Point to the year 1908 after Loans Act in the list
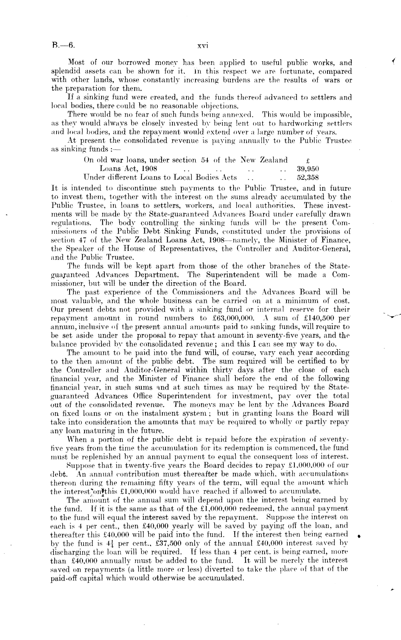[x=148, y=168]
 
